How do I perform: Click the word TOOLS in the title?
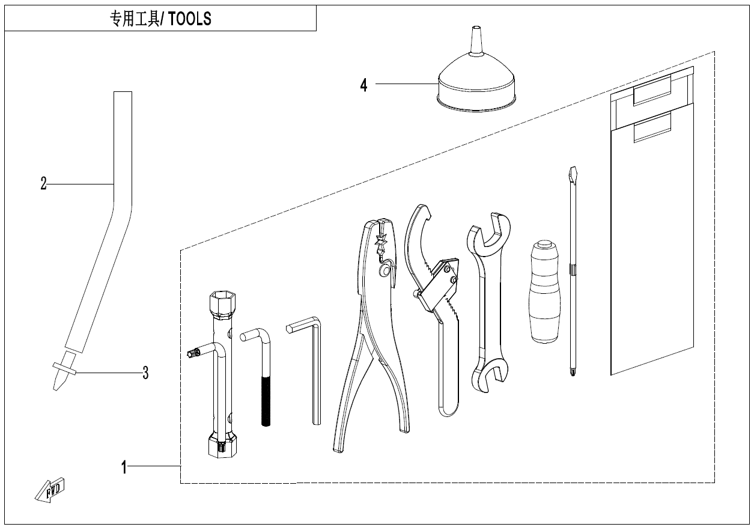(x=189, y=19)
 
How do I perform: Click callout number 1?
(x=124, y=468)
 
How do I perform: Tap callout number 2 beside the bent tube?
(x=43, y=184)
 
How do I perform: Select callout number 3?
(x=145, y=373)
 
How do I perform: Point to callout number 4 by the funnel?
(x=363, y=85)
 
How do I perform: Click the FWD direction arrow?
(x=49, y=490)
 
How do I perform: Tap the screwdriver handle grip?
(x=545, y=291)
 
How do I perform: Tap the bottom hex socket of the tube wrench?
(x=222, y=445)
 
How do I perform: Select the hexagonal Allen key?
(x=306, y=370)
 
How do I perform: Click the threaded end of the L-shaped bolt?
(x=266, y=401)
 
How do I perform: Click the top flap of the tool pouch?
(x=652, y=98)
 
